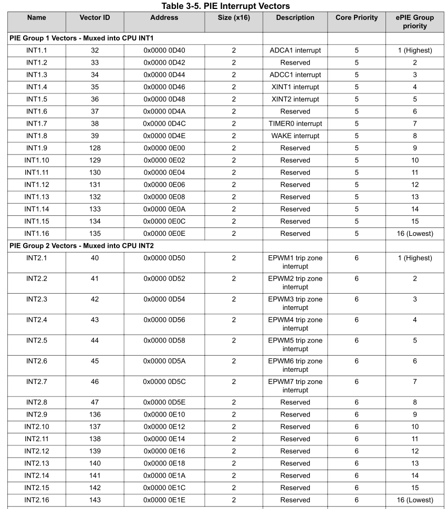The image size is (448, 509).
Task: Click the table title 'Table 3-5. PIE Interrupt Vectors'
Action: (226, 6)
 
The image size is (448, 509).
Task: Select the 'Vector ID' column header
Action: (95, 18)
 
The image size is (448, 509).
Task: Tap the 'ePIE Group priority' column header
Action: (414, 22)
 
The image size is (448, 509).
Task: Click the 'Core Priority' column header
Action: (356, 18)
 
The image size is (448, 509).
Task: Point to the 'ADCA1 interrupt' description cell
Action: (295, 50)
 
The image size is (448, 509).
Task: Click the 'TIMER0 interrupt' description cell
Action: (295, 124)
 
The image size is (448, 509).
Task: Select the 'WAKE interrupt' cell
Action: (295, 136)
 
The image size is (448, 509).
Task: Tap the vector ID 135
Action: (95, 234)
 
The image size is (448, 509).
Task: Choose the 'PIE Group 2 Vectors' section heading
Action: (81, 246)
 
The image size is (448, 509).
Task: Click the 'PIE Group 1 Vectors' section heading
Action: (81, 38)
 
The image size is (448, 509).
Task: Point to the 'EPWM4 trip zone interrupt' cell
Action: (295, 324)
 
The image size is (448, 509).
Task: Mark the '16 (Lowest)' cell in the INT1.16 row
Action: (414, 234)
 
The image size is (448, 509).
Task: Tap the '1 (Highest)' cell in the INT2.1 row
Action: (414, 258)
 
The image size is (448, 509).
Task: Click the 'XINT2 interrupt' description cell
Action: (295, 99)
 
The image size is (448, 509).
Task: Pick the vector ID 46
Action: (95, 382)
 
